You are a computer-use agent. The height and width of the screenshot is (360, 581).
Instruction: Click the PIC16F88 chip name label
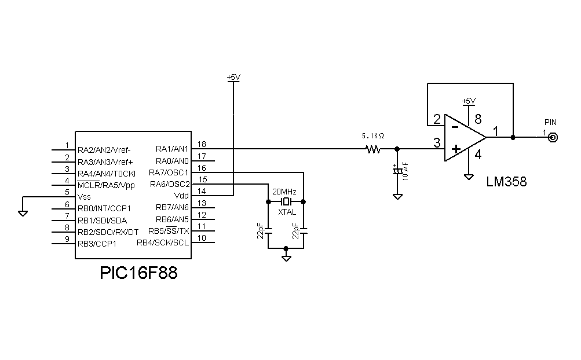(138, 272)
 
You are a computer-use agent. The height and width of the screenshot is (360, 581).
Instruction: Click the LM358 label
(506, 182)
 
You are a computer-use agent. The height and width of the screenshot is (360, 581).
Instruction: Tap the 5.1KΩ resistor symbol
(373, 149)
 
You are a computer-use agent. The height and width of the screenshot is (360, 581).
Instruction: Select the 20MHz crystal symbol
(286, 201)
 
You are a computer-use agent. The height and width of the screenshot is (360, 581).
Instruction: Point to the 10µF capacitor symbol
(397, 172)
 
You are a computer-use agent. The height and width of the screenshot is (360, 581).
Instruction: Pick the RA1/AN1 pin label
(172, 149)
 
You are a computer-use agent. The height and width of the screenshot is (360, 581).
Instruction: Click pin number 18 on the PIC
(202, 144)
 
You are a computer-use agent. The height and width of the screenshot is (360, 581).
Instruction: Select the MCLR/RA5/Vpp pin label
(106, 185)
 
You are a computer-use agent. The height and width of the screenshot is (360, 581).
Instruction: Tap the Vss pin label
(85, 197)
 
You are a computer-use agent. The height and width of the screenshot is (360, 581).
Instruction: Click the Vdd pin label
(181, 196)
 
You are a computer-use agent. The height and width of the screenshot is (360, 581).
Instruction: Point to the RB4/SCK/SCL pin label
(163, 243)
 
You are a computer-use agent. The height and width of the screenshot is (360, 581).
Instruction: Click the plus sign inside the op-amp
(455, 150)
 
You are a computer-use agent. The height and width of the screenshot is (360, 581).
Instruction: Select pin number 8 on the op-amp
(478, 120)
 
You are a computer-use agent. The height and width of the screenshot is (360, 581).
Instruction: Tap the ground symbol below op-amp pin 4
(468, 177)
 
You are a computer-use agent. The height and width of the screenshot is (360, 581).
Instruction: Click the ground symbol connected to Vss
(23, 212)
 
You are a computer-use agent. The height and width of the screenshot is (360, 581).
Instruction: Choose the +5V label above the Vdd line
(233, 77)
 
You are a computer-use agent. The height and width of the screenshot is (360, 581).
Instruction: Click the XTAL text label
(287, 212)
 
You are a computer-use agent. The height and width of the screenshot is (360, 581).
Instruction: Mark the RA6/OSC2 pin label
(170, 185)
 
